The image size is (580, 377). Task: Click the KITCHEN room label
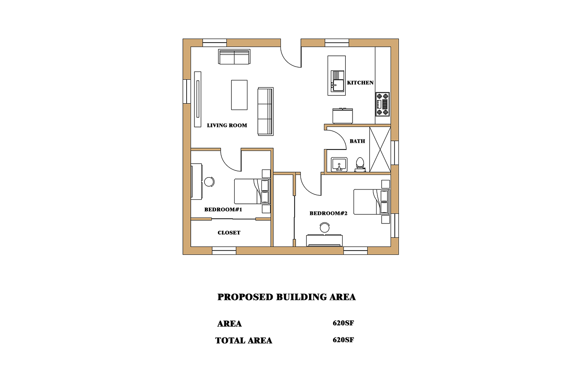pos(360,83)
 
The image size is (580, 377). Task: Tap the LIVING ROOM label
pos(227,126)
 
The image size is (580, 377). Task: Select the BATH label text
pos(358,141)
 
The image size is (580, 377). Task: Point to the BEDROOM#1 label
pos(223,209)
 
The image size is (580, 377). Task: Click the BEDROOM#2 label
pos(329,213)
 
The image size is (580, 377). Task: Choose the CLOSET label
pos(229,233)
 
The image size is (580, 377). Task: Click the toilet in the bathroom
pos(360,164)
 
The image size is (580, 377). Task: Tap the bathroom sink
pos(339,164)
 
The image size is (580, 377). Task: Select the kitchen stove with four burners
pos(382,104)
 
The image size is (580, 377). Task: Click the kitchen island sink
pos(338,81)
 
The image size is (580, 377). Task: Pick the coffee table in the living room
pos(239,95)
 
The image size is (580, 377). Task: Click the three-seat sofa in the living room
pos(266,111)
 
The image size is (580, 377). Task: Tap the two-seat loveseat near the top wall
pos(234,57)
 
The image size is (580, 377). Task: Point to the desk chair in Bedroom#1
pos(209,182)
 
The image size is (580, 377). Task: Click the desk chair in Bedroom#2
pos(325,227)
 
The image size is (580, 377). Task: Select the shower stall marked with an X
pos(380,150)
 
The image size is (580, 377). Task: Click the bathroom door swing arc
pos(342,136)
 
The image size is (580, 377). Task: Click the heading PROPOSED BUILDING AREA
pos(286,297)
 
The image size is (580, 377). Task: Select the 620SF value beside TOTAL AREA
pos(343,340)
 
